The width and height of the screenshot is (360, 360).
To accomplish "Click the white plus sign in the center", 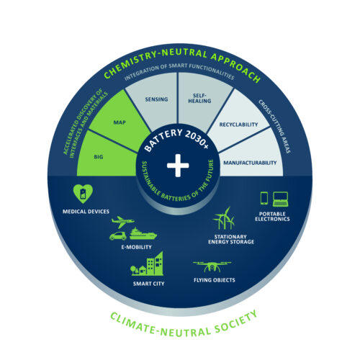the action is pos(178,166).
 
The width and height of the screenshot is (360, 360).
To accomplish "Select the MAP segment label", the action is pos(120,122).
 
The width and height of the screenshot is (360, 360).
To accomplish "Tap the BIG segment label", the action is pos(99,157).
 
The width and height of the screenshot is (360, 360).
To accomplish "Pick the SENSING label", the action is pos(156,99).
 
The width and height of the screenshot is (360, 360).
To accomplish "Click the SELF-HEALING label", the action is pos(199,99).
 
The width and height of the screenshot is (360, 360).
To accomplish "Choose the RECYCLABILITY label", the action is pos(238,125).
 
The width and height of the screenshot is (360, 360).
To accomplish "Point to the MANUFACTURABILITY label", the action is pos(250,163).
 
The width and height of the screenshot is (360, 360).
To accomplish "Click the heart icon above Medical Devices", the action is pos(83,194).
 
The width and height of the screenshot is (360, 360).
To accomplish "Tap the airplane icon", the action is pos(123,222).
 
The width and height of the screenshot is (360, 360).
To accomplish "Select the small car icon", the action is pos(118,236).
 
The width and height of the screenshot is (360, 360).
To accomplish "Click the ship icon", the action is pos(143,234).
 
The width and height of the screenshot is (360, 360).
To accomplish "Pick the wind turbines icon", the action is pos(224,218).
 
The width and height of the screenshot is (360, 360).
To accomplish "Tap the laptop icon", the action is pos(280,199).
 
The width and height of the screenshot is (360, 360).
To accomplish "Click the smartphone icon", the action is pos(264,198).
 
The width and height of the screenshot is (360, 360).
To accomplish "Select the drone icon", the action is pos(212,267).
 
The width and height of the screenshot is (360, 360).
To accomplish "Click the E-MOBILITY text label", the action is pos(136,247).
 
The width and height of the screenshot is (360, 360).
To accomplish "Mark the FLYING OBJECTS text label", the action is pos(215,280).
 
